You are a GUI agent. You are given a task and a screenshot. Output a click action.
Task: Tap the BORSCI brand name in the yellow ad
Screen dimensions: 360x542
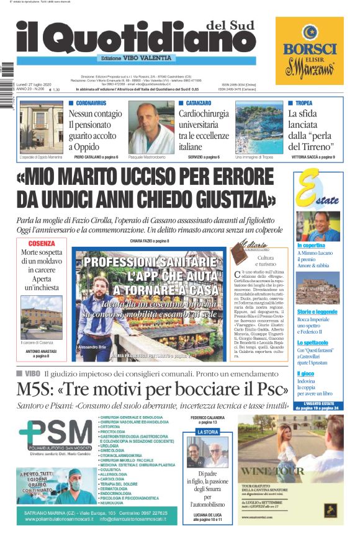coord(310,49)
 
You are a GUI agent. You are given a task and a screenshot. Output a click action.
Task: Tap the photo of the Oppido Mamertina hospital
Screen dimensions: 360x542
coord(42,127)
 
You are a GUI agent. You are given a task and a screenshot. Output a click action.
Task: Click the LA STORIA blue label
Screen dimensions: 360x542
coord(208,432)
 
